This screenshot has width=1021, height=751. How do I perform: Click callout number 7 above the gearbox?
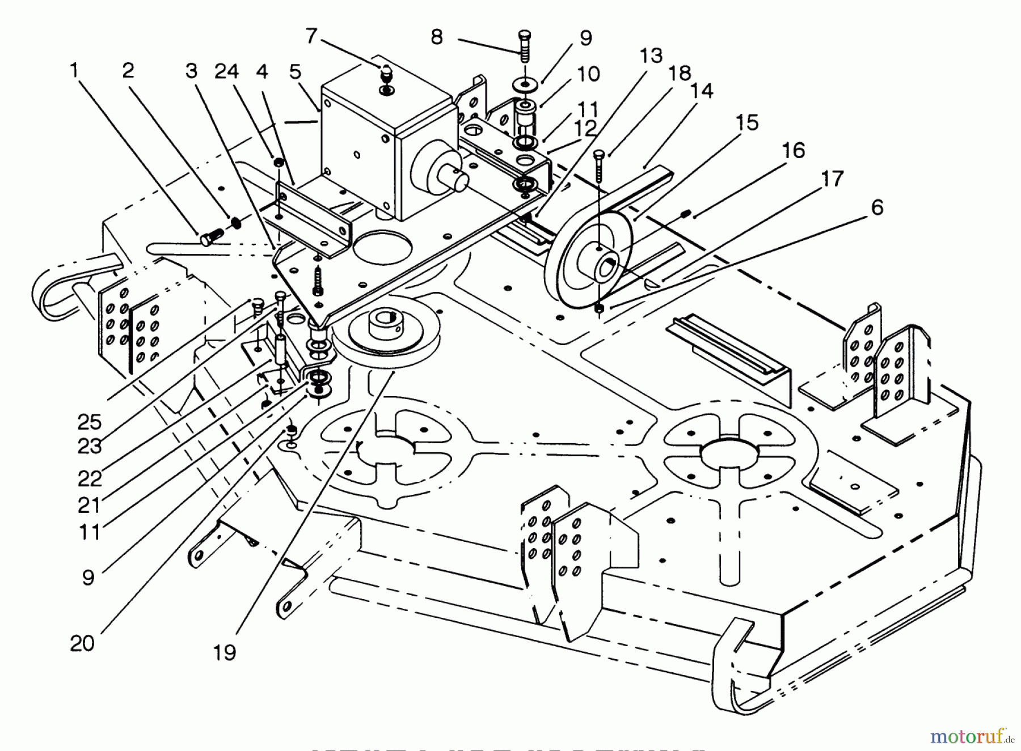(x=311, y=36)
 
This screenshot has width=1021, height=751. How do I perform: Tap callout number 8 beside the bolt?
(x=436, y=37)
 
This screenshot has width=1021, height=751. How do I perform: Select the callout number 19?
(x=225, y=652)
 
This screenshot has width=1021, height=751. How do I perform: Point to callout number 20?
(x=82, y=643)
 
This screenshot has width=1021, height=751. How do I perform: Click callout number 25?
(x=90, y=422)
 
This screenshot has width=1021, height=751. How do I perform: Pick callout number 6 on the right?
(x=877, y=207)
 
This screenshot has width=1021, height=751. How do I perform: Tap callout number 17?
(x=832, y=179)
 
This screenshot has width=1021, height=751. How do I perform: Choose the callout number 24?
(x=226, y=71)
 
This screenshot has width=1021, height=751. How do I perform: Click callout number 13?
(x=651, y=56)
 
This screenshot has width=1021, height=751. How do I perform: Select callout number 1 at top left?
(x=73, y=70)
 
